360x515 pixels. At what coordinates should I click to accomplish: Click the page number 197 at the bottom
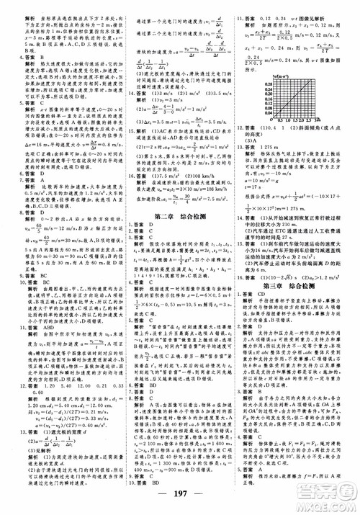pos(180,501)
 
